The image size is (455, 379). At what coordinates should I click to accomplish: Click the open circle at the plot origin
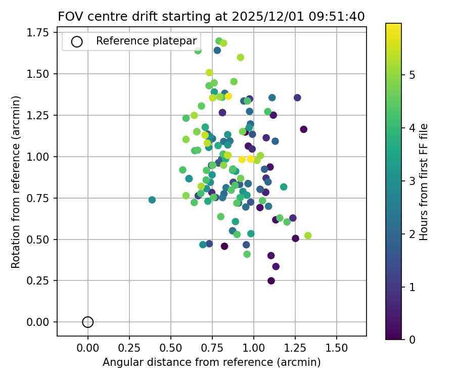coord(88,322)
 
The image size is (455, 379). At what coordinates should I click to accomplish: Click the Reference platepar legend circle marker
coord(77,42)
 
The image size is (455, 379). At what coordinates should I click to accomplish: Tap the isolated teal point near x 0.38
coord(152,200)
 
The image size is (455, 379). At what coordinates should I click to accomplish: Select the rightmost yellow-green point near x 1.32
coord(308,235)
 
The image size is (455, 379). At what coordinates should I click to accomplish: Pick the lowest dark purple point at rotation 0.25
coord(271,281)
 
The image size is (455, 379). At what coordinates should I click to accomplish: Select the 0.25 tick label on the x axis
coord(129,349)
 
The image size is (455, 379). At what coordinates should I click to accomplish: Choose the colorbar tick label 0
coord(412,340)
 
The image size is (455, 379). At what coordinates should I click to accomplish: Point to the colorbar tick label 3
coord(412,181)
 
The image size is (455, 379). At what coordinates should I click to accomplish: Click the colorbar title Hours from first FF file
coord(424,181)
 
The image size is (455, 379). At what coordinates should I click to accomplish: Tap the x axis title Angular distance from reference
coord(211,362)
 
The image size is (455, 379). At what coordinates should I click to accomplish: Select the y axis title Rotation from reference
coord(16,182)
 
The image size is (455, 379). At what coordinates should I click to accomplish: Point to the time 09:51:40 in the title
coord(335,16)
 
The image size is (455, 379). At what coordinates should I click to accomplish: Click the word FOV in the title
coord(69,16)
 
